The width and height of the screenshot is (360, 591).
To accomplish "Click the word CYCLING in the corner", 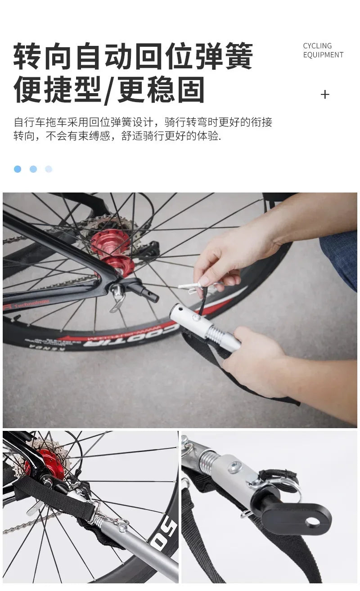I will [x=317, y=46].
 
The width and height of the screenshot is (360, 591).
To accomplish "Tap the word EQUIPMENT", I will [x=323, y=55].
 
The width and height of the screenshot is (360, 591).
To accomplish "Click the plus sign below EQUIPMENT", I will [x=325, y=94].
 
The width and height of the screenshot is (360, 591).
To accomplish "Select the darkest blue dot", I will [x=18, y=169].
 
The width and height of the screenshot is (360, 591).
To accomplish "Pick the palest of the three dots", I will [x=49, y=169].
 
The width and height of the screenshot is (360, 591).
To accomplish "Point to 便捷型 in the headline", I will [x=57, y=90].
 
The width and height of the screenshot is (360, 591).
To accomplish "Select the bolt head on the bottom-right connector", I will [x=235, y=467].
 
